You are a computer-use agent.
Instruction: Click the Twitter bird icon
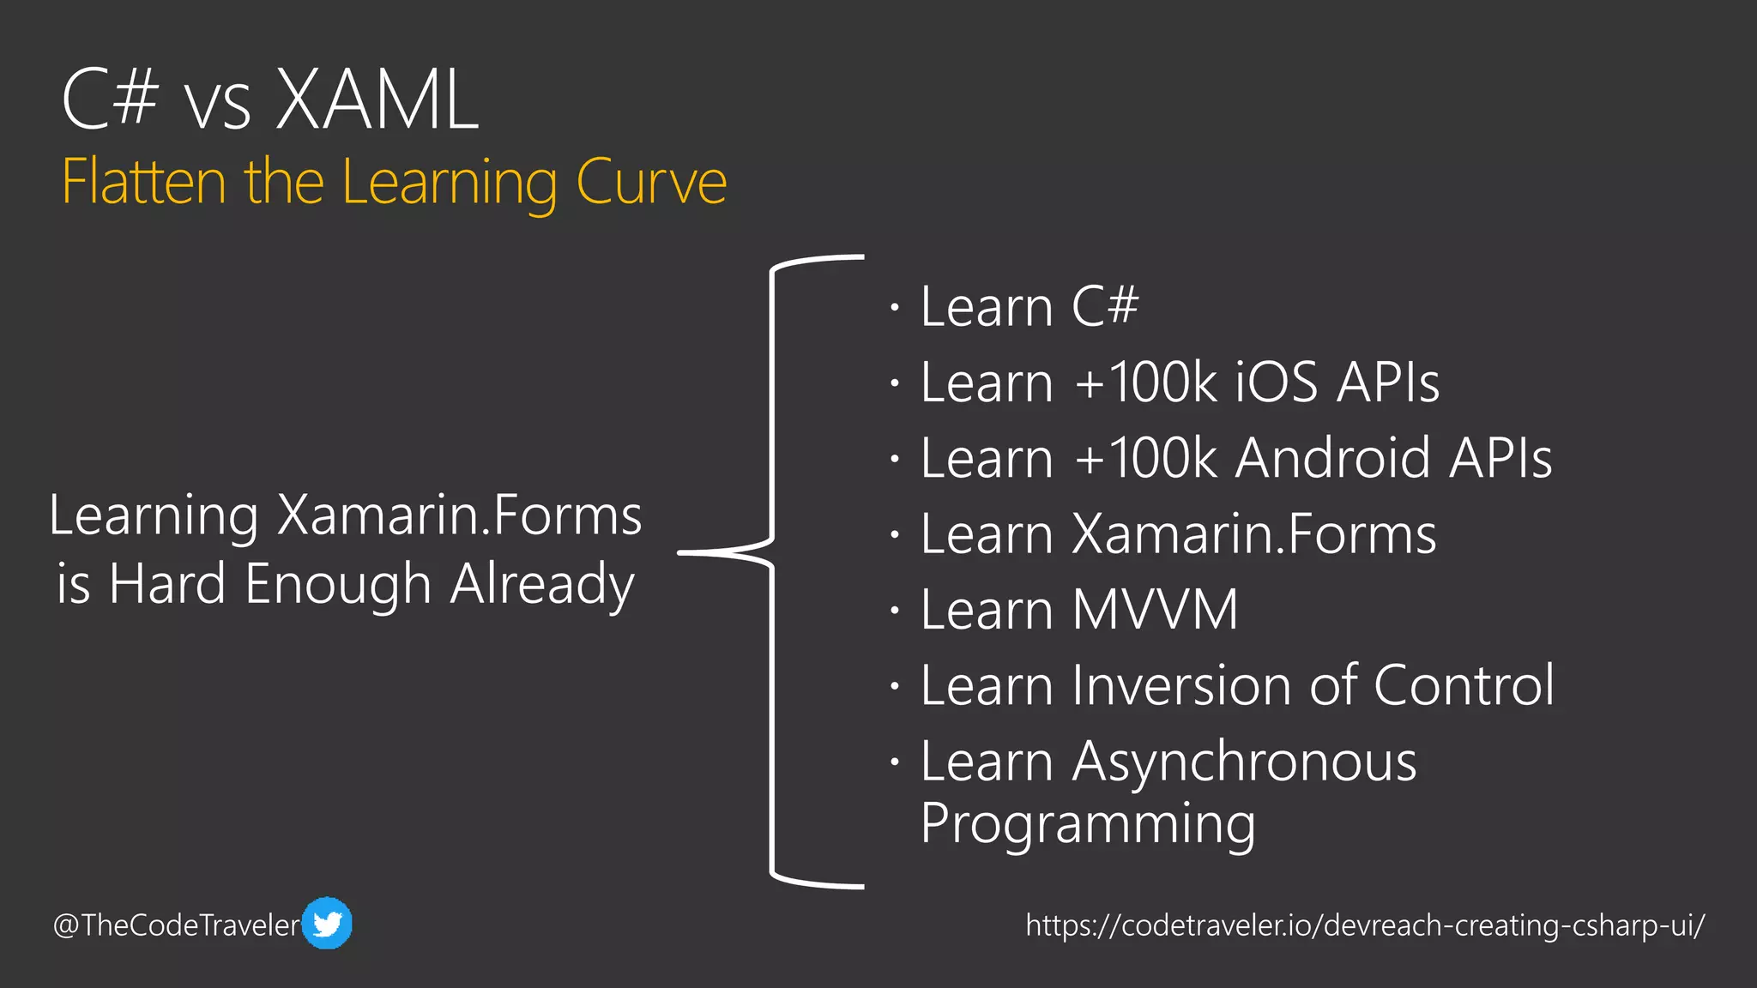coord(327,924)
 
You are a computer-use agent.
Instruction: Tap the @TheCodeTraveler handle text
coord(177,925)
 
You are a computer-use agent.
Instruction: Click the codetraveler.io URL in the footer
coord(1364,925)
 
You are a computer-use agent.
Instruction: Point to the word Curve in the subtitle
coord(651,182)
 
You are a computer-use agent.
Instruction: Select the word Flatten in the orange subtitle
coord(144,182)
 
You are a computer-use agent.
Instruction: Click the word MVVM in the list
coord(1156,610)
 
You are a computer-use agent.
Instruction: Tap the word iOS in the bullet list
coord(1276,382)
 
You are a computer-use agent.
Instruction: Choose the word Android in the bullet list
coord(1333,457)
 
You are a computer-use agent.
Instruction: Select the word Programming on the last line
coord(1088,823)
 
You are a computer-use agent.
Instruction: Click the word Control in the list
coord(1464,685)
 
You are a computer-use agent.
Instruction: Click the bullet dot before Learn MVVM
coord(895,611)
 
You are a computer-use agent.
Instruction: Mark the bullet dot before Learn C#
coord(895,307)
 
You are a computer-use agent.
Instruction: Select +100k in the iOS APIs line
coord(1145,382)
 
